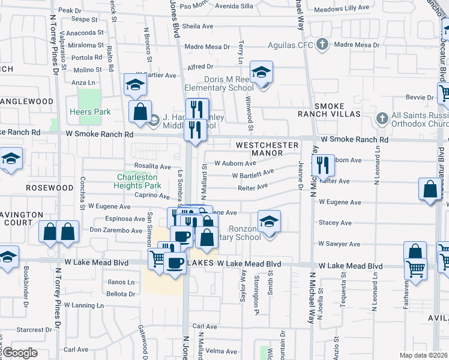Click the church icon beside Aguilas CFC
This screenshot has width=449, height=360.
pyautogui.click(x=322, y=44)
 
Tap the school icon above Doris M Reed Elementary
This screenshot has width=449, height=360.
pyautogui.click(x=261, y=73)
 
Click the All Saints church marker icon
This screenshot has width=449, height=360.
pyautogui.click(x=381, y=117)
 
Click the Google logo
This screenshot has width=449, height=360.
pyautogui.click(x=20, y=352)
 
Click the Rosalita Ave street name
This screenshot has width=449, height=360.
pyautogui.click(x=152, y=166)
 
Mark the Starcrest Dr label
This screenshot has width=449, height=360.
pyautogui.click(x=29, y=329)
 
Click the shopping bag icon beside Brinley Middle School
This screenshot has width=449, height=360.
pyautogui.click(x=140, y=112)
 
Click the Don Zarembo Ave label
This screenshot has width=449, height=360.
pyautogui.click(x=116, y=230)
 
